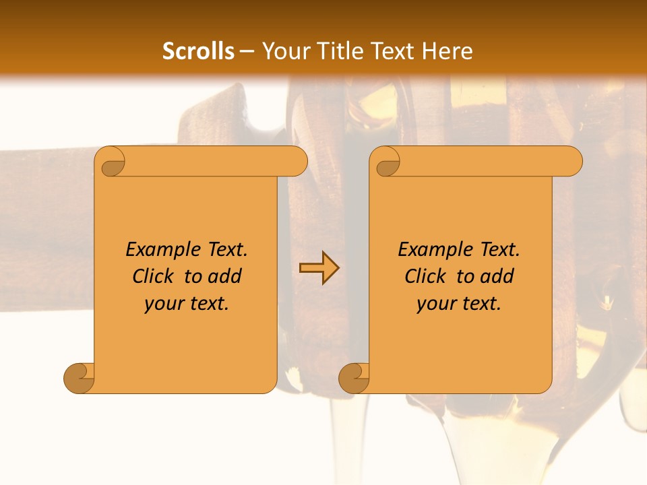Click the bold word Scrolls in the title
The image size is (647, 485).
tap(198, 51)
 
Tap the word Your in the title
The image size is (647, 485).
tap(282, 51)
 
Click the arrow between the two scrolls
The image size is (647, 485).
tap(319, 268)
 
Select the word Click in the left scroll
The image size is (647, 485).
tap(154, 276)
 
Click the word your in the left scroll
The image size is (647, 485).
tap(161, 304)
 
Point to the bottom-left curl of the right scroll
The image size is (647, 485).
tap(355, 377)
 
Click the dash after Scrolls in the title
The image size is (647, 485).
tap(247, 51)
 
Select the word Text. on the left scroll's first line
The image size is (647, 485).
tap(226, 249)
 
